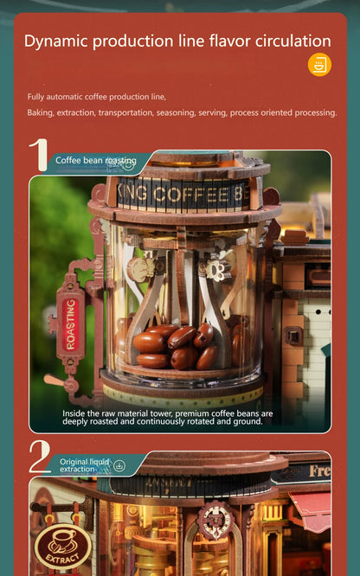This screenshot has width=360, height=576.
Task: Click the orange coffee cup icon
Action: click(319, 65)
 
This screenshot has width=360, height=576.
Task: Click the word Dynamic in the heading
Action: click(60, 41)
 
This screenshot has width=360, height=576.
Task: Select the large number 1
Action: click(38, 156)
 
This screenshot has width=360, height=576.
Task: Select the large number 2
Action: click(40, 458)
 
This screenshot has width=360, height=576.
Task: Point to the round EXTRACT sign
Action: click(62, 547)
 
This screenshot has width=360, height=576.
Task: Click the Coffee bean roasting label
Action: click(95, 160)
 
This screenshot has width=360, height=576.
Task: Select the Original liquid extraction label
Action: click(85, 465)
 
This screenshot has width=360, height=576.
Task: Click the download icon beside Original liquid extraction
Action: click(119, 465)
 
